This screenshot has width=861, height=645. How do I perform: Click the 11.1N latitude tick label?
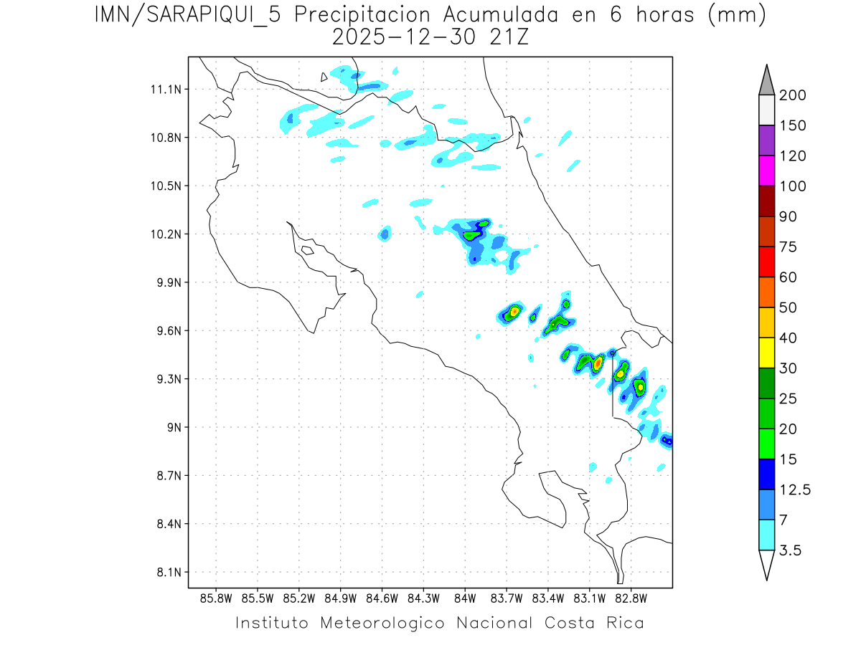click(166, 90)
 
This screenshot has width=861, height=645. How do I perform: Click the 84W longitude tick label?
click(465, 598)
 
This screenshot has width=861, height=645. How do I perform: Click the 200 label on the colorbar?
click(792, 95)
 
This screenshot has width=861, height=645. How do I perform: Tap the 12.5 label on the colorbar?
click(795, 490)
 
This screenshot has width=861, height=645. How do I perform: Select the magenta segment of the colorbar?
click(766, 171)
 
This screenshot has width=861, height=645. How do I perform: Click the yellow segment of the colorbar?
click(766, 353)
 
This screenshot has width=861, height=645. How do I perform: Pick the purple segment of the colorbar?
click(766, 140)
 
